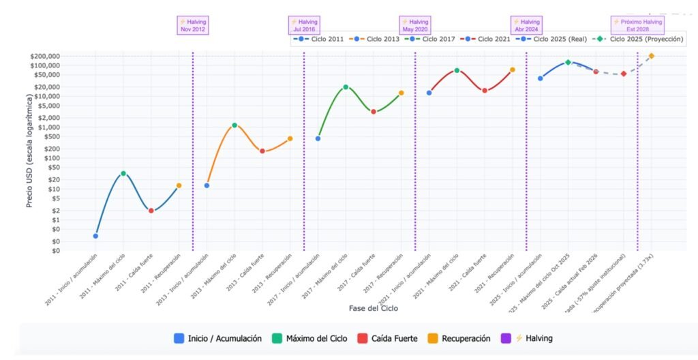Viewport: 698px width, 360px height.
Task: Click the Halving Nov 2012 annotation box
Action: [192, 25]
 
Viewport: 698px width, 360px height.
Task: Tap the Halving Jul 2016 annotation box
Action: [303, 25]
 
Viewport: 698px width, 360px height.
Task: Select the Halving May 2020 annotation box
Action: [414, 25]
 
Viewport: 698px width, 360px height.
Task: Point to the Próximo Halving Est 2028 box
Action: [637, 25]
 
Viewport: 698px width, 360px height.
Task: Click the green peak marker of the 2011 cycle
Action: [123, 174]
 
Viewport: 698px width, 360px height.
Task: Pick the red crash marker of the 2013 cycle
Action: [262, 151]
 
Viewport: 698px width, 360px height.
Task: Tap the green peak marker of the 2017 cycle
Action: [346, 87]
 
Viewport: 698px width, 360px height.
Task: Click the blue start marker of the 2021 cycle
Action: [429, 93]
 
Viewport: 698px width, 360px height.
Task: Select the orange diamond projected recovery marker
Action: [652, 56]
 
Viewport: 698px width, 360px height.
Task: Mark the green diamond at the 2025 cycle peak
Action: [568, 62]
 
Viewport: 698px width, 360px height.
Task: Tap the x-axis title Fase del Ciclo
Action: [373, 308]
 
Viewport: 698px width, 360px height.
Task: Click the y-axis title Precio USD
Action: [31, 153]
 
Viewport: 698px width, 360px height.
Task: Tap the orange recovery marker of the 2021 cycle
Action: [513, 70]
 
